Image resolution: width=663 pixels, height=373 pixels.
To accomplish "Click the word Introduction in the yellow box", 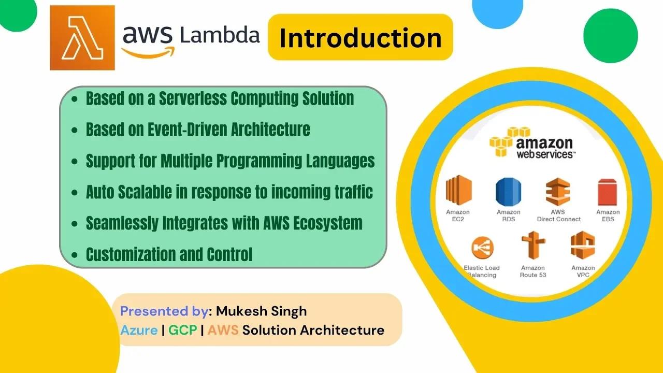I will coord(361,38).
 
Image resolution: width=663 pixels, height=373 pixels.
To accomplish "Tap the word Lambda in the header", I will coord(220,35).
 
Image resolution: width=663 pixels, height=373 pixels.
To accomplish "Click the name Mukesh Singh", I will coord(261,311).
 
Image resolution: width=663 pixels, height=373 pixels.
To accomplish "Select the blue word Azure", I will coord(139,330).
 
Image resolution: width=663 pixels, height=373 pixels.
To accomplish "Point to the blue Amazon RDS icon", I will coord(508,192).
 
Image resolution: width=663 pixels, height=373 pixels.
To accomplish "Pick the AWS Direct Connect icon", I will coord(558,192).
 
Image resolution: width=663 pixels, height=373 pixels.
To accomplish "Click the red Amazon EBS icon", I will coord(607,192).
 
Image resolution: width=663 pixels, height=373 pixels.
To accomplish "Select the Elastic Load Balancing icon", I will coord(482,248).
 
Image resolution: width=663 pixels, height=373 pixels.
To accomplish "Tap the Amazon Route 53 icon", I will coord(533,246).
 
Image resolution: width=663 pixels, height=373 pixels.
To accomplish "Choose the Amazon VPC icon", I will coord(583,246).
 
